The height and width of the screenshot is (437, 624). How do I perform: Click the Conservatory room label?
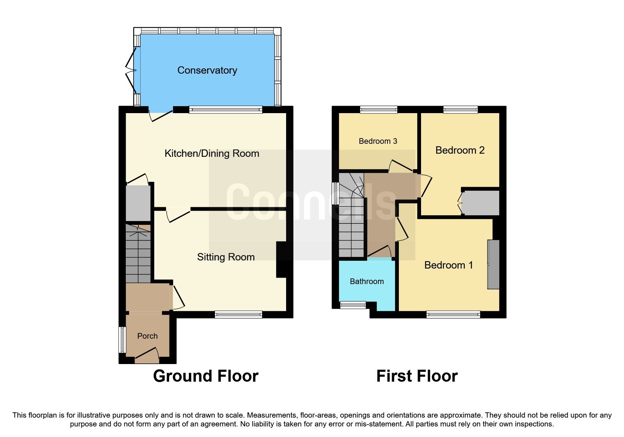(x=207, y=70)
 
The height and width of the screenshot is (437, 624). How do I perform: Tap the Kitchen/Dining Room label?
(x=212, y=154)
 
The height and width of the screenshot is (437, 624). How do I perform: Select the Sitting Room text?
(x=225, y=257)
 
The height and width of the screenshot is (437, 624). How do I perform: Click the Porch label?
(x=147, y=336)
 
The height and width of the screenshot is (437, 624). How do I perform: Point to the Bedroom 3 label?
(x=378, y=141)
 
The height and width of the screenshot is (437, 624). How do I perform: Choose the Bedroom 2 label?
(x=460, y=150)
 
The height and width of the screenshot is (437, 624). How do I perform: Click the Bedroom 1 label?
(x=448, y=265)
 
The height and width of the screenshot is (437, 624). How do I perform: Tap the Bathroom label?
(x=366, y=282)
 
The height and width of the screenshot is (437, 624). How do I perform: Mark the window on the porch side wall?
(x=122, y=339)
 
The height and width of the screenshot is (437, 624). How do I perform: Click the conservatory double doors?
(x=131, y=70)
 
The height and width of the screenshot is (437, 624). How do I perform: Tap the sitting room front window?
(x=239, y=314)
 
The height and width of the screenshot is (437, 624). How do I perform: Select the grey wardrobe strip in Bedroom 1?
(x=493, y=264)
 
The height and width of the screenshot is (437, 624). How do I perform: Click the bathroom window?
(x=353, y=305)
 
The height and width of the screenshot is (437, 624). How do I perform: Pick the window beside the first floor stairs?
(x=336, y=193)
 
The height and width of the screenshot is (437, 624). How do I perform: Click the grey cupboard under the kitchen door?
(x=138, y=203)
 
